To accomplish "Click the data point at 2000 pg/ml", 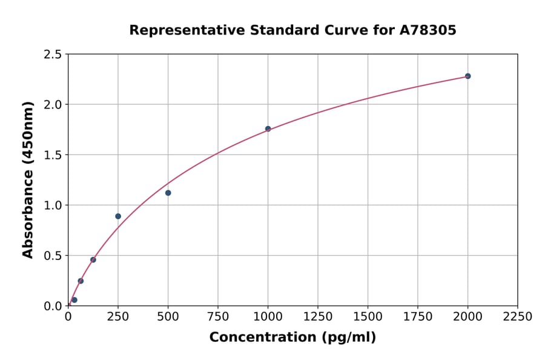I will [467, 76].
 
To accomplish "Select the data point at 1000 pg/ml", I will [268, 128].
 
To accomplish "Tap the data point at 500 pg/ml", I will [168, 193].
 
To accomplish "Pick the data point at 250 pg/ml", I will [118, 216].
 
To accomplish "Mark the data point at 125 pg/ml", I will [93, 260].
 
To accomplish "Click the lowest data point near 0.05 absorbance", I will [74, 300].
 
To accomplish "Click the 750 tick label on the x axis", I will [218, 317].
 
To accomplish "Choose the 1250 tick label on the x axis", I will [318, 317].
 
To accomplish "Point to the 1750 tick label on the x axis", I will [418, 317].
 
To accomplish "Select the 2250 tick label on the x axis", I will [518, 317].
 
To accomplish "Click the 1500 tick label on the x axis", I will [368, 317].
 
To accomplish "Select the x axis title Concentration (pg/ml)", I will [292, 338].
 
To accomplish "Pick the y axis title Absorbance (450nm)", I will [28, 179].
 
